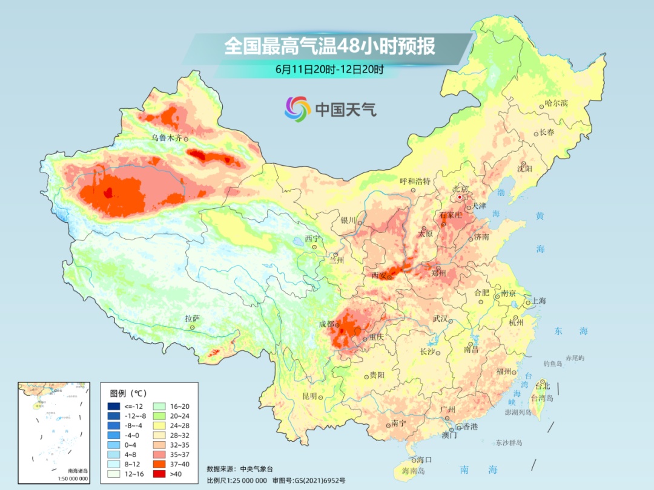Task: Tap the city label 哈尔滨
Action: pos(557,103)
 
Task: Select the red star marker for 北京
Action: pos(460,197)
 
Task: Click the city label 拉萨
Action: pos(192,318)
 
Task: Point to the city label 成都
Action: pos(326,324)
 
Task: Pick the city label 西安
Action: pos(378,275)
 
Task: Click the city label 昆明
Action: pos(309,396)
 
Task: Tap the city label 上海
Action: pos(538,301)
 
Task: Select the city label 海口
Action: pos(424,460)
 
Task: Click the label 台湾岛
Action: pos(542,397)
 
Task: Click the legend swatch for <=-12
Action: pos(114,406)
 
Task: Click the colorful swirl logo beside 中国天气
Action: pos(297,108)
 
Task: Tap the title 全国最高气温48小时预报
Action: pos(329,47)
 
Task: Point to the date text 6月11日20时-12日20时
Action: pos(329,70)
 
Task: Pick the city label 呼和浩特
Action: pos(415,181)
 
